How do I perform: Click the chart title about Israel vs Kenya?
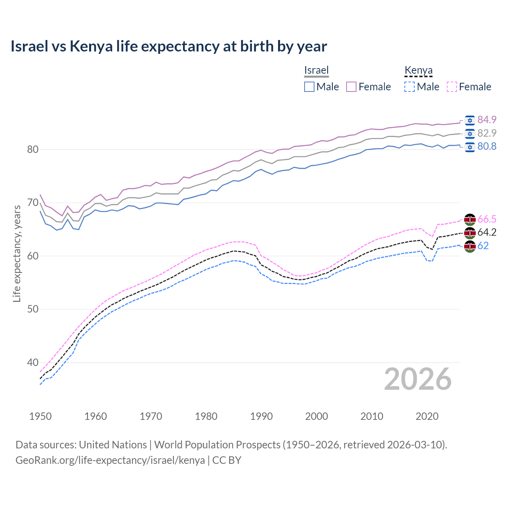169,46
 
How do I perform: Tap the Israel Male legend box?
309,87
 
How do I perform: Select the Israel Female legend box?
352,87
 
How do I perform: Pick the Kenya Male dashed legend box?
410,87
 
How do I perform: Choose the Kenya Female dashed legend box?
452,87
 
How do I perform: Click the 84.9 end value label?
487,120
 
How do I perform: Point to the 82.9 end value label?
487,133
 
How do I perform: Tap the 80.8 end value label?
487,147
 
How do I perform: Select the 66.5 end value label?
487,219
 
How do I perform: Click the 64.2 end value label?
487,233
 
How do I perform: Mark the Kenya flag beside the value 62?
470,246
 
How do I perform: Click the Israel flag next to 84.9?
470,120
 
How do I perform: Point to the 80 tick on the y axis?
32,150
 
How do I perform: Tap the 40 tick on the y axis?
32,362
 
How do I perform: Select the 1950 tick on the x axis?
40,416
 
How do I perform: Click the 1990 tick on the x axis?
261,416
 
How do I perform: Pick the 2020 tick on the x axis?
427,416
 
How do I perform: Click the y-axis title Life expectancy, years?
17,253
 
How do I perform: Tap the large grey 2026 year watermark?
418,379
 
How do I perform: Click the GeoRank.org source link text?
110,460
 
